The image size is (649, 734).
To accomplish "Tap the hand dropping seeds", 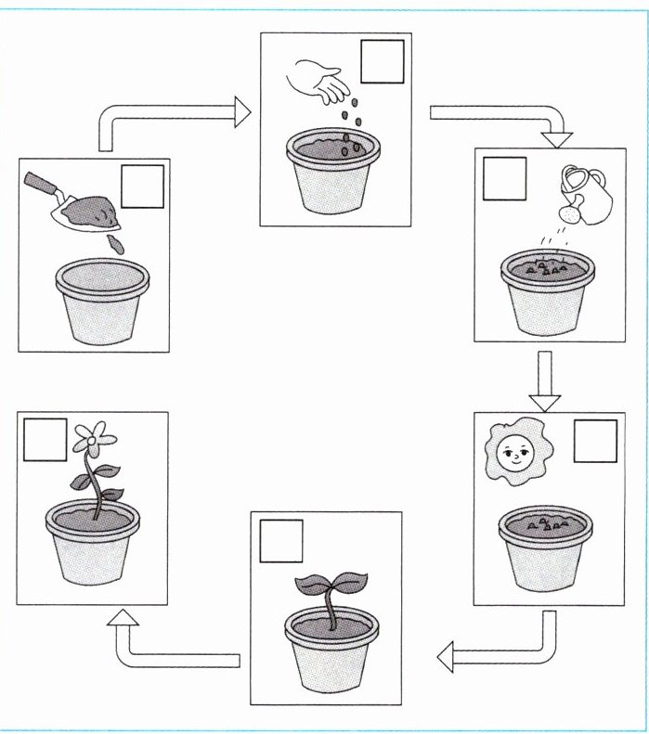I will (320, 81).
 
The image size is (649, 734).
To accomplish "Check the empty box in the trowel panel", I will (142, 186).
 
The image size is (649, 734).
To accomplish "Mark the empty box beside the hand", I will (382, 62).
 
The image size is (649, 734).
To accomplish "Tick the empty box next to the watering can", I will (504, 179).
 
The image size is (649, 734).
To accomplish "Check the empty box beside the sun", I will (594, 440).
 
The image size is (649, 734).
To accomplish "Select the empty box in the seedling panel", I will (281, 542).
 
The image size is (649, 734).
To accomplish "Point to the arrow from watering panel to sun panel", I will (545, 380).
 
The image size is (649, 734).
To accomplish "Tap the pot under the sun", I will (545, 548).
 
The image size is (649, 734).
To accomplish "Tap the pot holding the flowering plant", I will (90, 547).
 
